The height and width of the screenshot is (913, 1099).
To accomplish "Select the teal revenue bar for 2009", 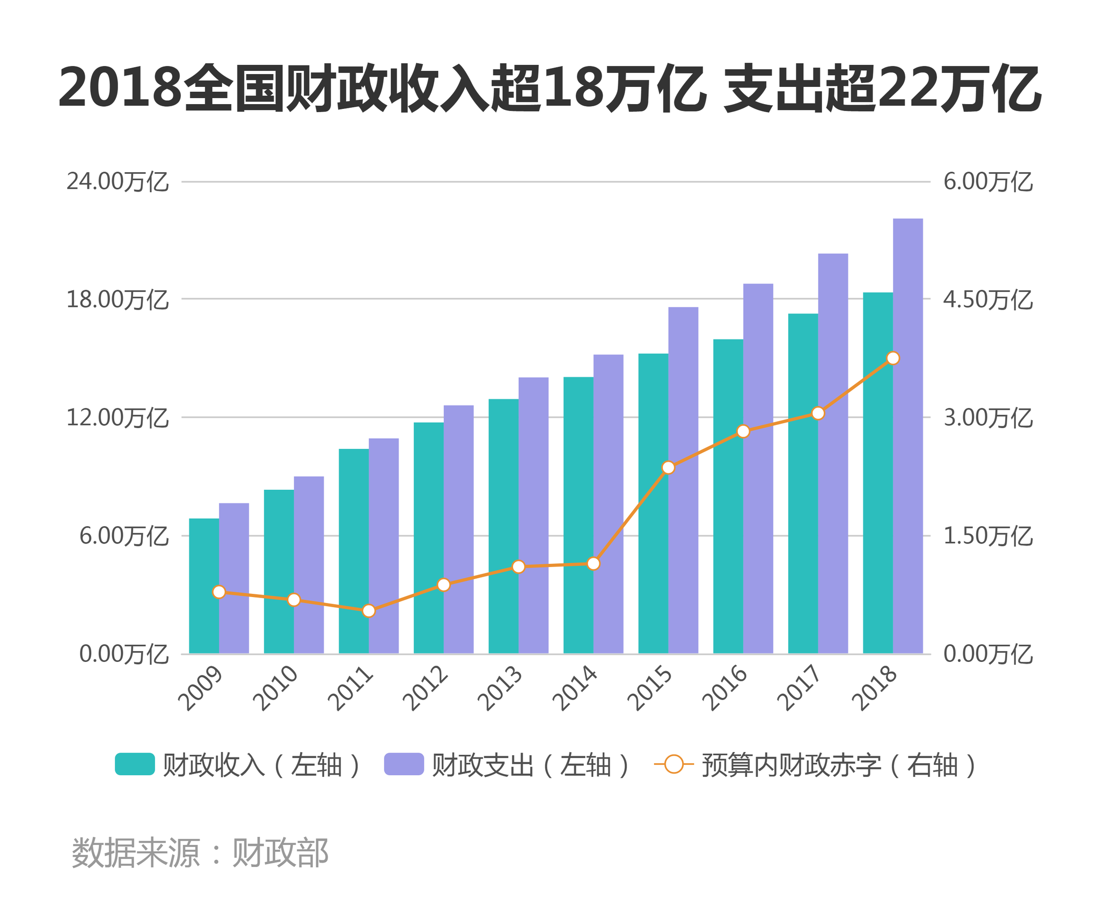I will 204,586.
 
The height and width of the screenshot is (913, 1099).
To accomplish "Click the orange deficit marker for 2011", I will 369,610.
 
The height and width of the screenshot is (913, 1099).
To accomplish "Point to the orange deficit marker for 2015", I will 668,467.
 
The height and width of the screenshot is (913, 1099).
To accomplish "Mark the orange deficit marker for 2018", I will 893,358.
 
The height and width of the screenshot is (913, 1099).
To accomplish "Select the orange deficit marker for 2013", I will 518,566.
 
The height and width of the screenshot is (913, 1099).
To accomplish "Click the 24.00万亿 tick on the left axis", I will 118,182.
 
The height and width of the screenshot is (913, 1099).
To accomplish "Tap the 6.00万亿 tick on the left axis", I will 124,536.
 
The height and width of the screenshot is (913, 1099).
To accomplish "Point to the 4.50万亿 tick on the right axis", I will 988,299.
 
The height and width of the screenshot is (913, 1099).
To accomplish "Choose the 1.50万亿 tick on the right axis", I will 988,536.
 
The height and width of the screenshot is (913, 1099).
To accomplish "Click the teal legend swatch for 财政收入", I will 135,764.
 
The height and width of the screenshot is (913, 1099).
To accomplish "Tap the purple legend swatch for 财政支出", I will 404,764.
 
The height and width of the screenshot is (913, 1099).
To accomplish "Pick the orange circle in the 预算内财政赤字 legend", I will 674,764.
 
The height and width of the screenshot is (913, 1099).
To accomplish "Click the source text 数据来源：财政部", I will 200,852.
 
